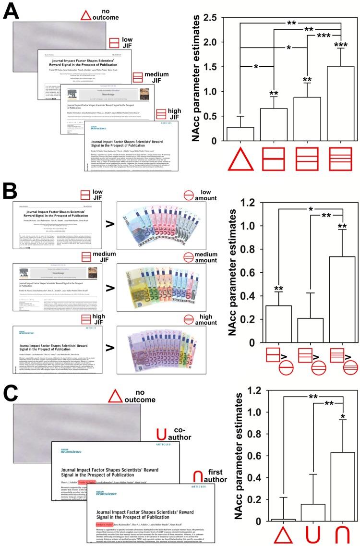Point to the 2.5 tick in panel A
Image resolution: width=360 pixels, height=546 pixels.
tap(214, 17)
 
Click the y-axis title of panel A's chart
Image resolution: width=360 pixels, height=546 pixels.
tap(197, 79)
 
